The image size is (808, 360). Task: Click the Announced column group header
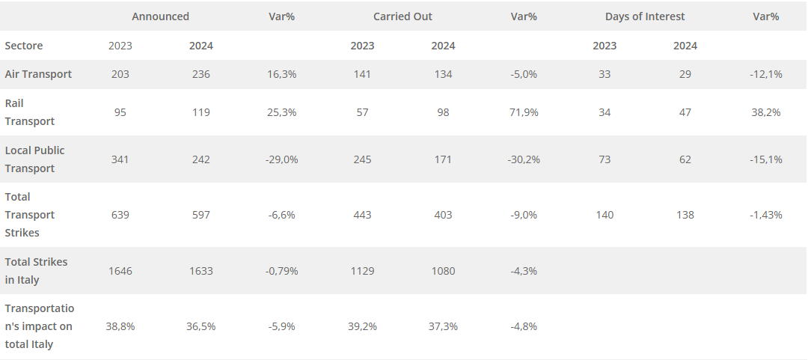tap(160, 16)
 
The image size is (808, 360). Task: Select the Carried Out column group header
tap(403, 16)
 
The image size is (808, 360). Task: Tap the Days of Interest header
tap(645, 16)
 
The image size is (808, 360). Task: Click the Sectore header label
tap(24, 46)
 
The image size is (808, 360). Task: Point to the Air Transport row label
tap(38, 74)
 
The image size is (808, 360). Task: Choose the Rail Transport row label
tap(30, 112)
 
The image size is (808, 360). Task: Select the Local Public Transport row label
tap(34, 159)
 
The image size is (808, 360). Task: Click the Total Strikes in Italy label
tap(36, 271)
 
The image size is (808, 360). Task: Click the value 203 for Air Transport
tap(120, 74)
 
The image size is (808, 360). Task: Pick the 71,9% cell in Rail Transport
tap(524, 112)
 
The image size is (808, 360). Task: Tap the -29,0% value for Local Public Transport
tap(281, 159)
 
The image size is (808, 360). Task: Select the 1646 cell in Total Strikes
tap(120, 271)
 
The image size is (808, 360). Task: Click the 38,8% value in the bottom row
tap(120, 326)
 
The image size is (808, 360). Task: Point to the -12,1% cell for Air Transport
tap(765, 74)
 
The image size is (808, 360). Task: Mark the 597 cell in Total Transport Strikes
tap(201, 215)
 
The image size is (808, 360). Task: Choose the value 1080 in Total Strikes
tap(443, 271)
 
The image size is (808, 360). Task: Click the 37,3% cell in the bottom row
tap(443, 326)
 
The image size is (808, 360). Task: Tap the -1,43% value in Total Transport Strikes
tap(765, 215)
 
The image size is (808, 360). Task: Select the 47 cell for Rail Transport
tap(685, 112)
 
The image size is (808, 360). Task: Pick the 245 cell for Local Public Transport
tap(362, 159)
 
